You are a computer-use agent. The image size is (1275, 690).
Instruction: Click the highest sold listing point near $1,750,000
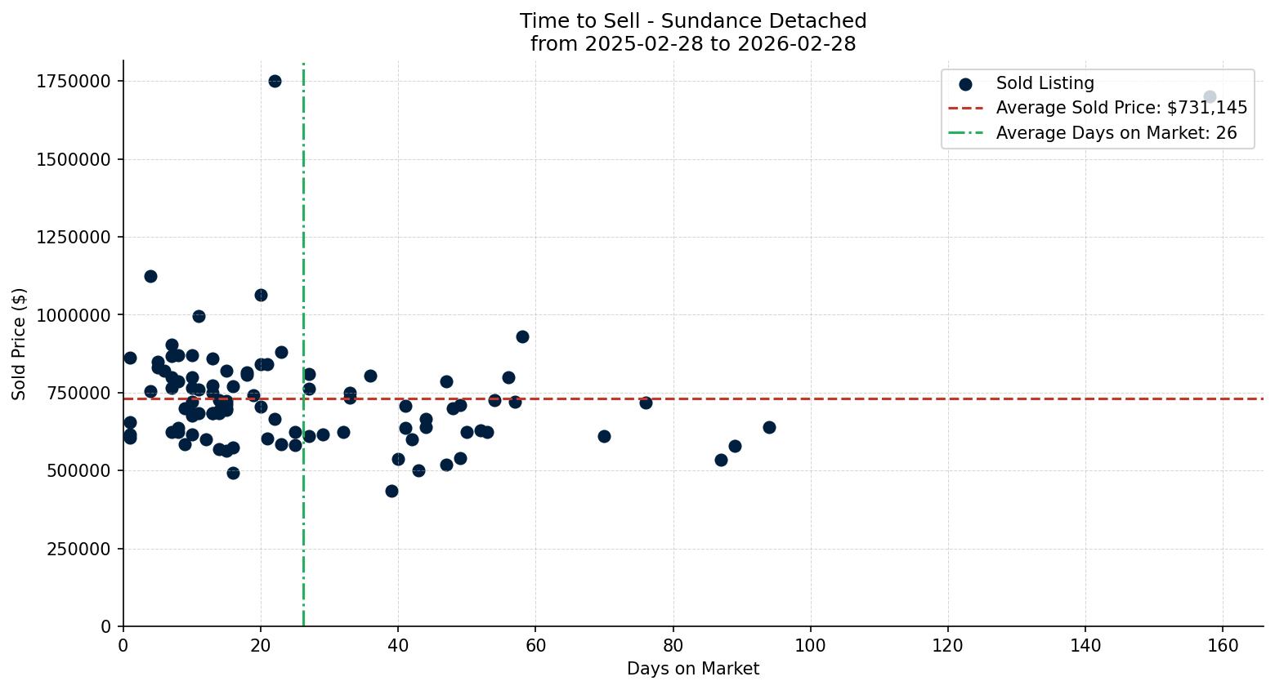pos(275,81)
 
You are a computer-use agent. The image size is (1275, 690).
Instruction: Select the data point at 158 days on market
pos(1210,97)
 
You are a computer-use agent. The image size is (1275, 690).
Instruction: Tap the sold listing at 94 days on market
pos(769,427)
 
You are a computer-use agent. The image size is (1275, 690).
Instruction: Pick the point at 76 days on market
pos(646,403)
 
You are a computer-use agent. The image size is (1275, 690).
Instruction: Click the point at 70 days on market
pos(604,436)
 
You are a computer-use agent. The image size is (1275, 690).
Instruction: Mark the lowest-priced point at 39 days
pos(391,491)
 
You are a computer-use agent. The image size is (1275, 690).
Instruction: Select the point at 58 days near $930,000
pos(522,336)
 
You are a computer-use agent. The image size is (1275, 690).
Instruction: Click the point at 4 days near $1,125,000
pos(150,276)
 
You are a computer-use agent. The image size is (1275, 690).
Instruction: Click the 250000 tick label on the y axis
pos(78,549)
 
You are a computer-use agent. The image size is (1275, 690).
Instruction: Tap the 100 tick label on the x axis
pos(810,645)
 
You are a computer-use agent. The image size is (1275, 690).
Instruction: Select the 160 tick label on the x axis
pos(1223,645)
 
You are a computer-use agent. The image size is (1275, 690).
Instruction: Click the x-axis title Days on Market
pos(693,669)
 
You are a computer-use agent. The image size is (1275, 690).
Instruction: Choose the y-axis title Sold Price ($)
pos(20,344)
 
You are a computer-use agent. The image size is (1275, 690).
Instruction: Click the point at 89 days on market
pos(735,446)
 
